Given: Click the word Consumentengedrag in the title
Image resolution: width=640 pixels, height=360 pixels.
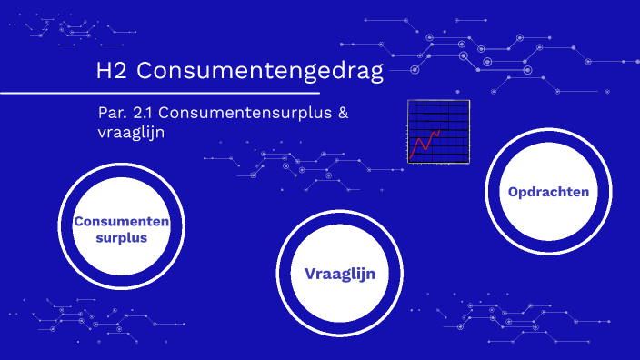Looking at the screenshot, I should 262,72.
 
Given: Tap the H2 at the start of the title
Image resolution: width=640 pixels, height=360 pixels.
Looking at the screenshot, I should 111,71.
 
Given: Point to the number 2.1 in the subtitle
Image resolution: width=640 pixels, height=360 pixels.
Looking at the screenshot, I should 147,114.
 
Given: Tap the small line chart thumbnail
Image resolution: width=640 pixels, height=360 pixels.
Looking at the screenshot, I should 438,132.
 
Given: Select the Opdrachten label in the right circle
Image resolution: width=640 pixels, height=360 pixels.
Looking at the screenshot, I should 548,192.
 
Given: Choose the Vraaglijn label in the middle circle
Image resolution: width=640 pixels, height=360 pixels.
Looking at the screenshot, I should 340,274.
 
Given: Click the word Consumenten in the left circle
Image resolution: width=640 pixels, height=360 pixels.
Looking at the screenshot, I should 122,222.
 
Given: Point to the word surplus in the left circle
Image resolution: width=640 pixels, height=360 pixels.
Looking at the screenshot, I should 122,238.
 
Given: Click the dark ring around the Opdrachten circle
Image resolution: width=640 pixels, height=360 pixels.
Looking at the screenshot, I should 548,135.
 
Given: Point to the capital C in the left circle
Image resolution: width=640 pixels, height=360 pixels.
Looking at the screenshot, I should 79,222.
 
